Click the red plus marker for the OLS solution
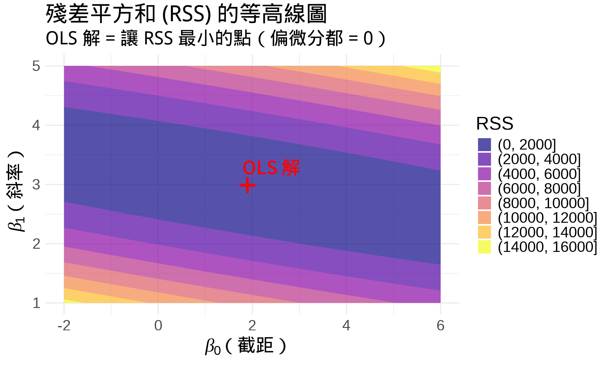coord(247,185)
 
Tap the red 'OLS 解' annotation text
coord(271,168)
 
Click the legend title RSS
coord(494,123)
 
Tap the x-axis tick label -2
coord(64,325)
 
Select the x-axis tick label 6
coord(440,325)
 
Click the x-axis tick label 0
coord(158,325)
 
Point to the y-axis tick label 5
coord(36,66)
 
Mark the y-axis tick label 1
coord(36,303)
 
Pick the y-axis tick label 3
coord(36,184)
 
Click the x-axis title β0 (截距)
coord(246,346)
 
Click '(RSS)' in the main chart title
coord(187,14)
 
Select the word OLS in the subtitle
coord(62,38)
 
